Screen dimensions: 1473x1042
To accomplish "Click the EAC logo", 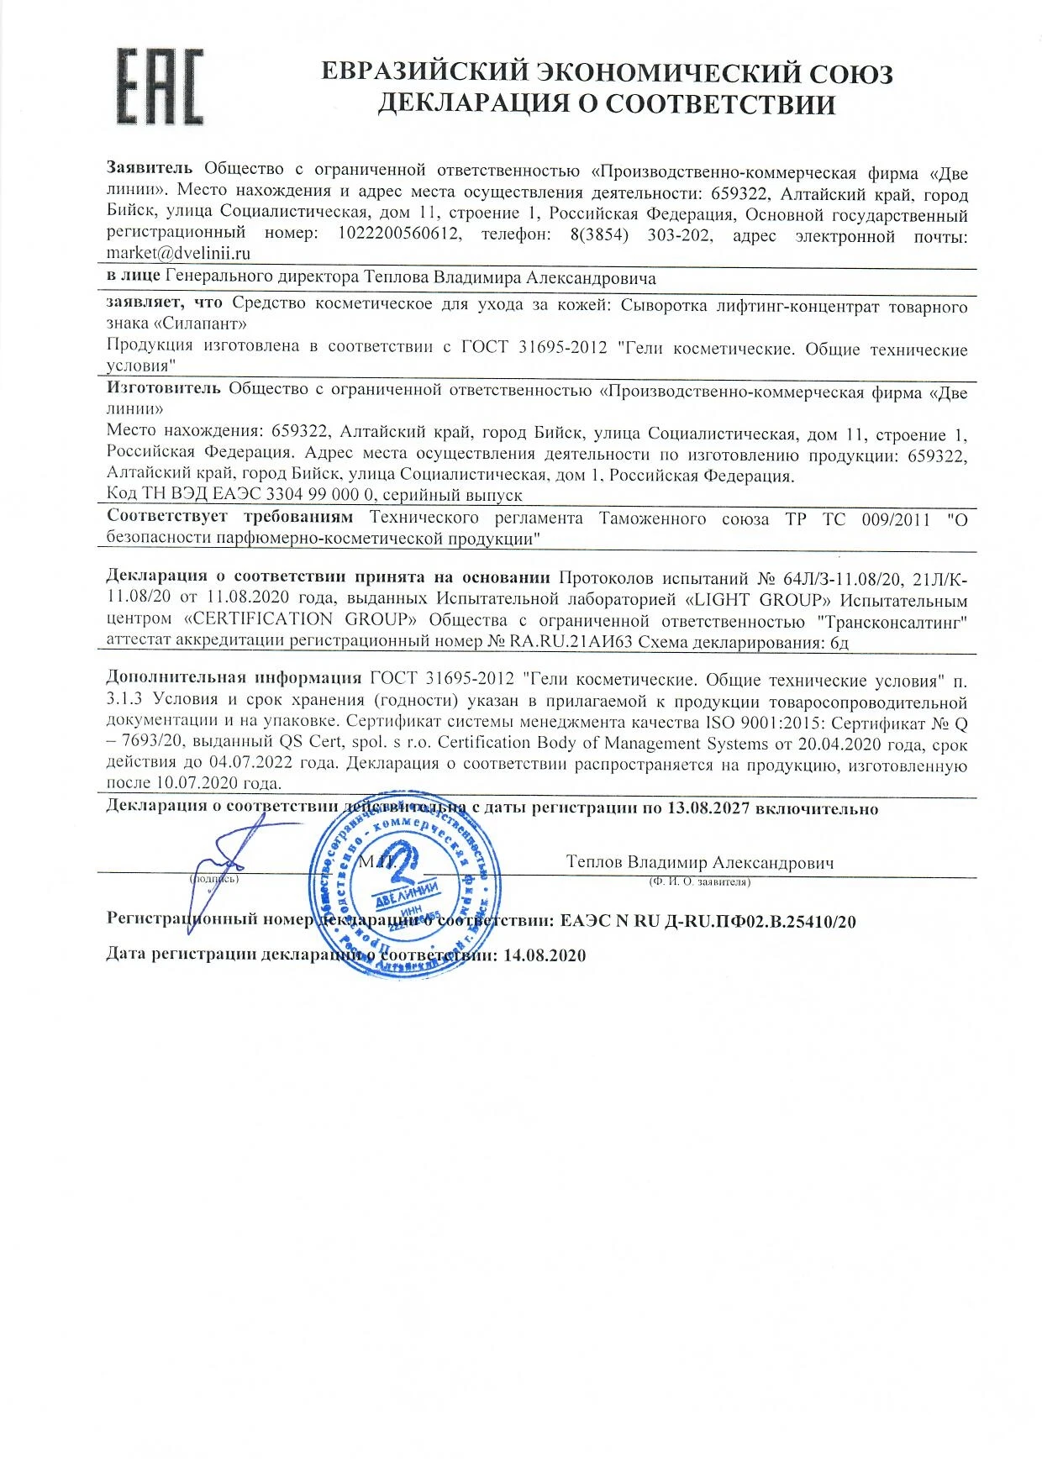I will [159, 87].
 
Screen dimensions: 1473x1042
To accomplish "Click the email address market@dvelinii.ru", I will [178, 253].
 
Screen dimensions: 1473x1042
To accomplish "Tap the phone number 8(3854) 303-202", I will [640, 234].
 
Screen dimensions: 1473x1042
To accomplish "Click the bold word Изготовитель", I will [163, 388].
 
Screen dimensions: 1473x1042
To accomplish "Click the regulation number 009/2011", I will [896, 519].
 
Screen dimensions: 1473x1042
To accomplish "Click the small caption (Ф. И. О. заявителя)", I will [699, 882].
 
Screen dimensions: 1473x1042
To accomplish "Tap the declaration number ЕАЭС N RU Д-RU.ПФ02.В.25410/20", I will [708, 921].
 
